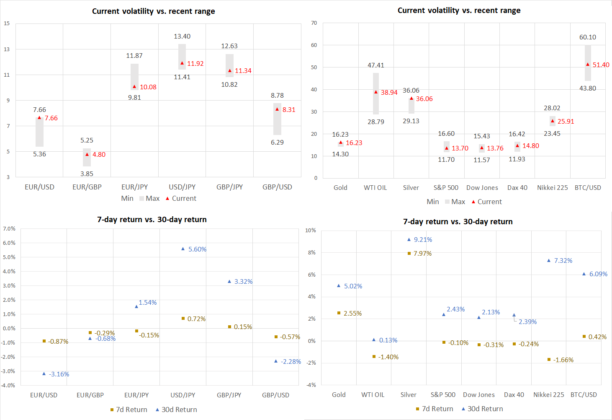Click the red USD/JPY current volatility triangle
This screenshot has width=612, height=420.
[182, 63]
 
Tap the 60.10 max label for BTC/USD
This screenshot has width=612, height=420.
[588, 37]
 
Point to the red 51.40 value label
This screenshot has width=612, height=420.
[601, 65]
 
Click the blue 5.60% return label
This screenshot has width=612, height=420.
[197, 249]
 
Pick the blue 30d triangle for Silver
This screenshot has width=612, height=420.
[409, 240]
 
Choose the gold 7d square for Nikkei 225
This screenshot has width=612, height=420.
[549, 360]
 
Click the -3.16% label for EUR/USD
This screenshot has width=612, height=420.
[59, 374]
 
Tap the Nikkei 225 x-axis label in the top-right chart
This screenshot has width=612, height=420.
[552, 188]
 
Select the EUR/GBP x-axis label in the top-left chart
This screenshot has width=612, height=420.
[87, 187]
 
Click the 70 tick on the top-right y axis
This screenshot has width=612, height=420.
[314, 23]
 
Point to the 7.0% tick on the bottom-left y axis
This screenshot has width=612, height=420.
[9, 229]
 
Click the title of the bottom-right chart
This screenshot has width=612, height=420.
[458, 222]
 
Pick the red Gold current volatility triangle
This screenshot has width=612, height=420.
[341, 143]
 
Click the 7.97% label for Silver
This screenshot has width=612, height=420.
[422, 254]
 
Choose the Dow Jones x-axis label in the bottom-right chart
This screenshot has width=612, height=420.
[478, 395]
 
